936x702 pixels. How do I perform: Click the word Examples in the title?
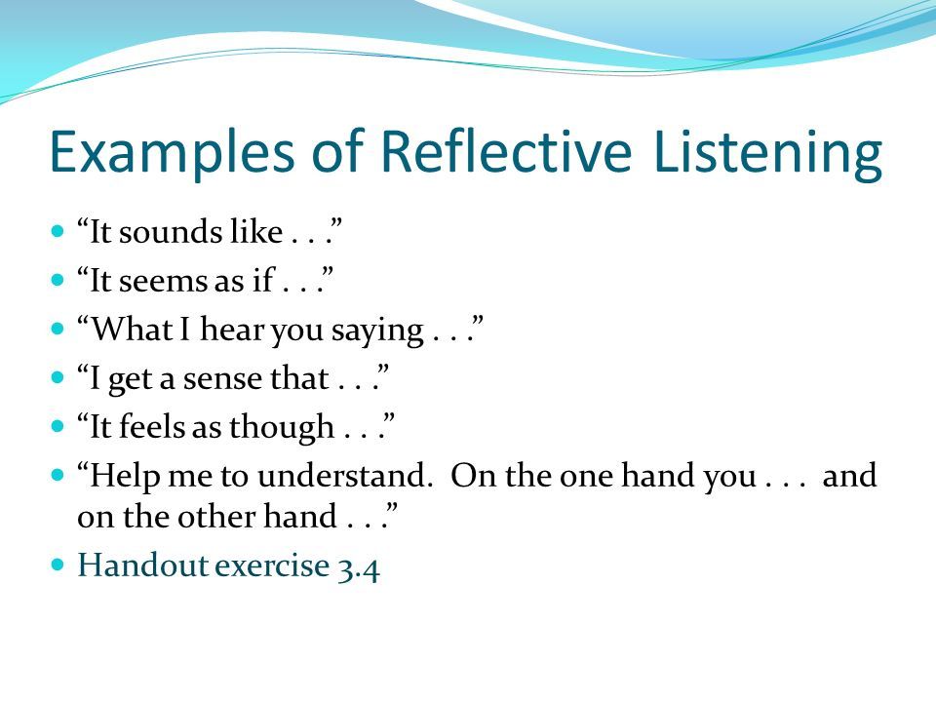(x=172, y=152)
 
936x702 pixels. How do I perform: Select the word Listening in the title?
(x=767, y=153)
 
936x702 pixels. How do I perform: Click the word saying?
(x=377, y=331)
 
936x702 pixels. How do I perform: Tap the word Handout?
(x=142, y=565)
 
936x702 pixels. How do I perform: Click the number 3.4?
(x=358, y=568)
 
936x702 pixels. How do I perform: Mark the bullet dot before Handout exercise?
(x=58, y=565)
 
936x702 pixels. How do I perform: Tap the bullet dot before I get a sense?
(x=58, y=378)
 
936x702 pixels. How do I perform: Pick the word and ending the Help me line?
(x=849, y=476)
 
